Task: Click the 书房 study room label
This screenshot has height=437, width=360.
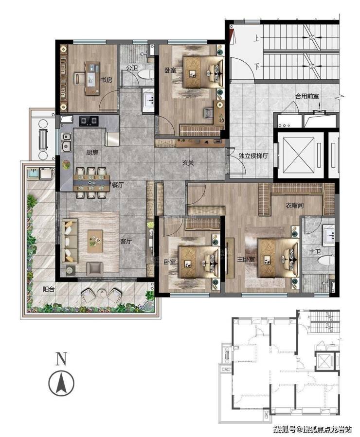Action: click(x=106, y=80)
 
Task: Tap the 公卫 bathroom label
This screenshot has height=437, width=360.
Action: click(x=132, y=68)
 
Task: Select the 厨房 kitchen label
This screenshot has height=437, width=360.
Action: click(x=92, y=153)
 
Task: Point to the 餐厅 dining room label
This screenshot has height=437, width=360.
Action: click(x=118, y=185)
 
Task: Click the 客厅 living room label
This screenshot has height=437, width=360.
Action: click(x=126, y=241)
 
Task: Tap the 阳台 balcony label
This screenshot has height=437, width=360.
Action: click(x=49, y=289)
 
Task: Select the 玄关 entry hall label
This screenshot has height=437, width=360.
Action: click(x=188, y=162)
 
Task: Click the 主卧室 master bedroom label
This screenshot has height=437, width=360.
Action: click(x=246, y=259)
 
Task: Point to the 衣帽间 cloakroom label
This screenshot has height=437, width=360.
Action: click(x=295, y=206)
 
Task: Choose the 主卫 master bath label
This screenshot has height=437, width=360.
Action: click(x=315, y=252)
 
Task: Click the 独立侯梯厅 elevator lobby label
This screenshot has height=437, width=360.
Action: click(x=253, y=156)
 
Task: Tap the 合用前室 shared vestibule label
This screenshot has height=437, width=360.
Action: click(x=307, y=96)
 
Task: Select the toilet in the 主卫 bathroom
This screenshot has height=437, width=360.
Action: click(x=325, y=261)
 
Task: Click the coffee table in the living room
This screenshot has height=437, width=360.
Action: click(x=95, y=241)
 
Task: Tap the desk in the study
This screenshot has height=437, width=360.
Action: click(x=92, y=78)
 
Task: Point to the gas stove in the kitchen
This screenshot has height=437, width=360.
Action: click(x=89, y=121)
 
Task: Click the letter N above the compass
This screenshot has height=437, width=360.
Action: click(x=61, y=359)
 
